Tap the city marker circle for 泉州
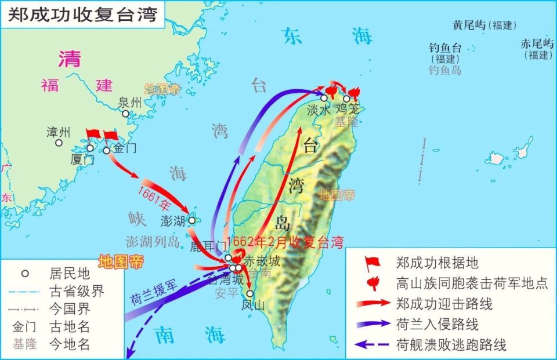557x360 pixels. point(125,114)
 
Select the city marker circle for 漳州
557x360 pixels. point(59,143)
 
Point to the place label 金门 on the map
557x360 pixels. point(124,148)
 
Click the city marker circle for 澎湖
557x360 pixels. point(192,220)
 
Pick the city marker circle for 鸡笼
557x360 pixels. point(346,99)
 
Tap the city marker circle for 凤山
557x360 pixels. point(250,294)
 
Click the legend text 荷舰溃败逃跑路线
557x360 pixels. point(451,344)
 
